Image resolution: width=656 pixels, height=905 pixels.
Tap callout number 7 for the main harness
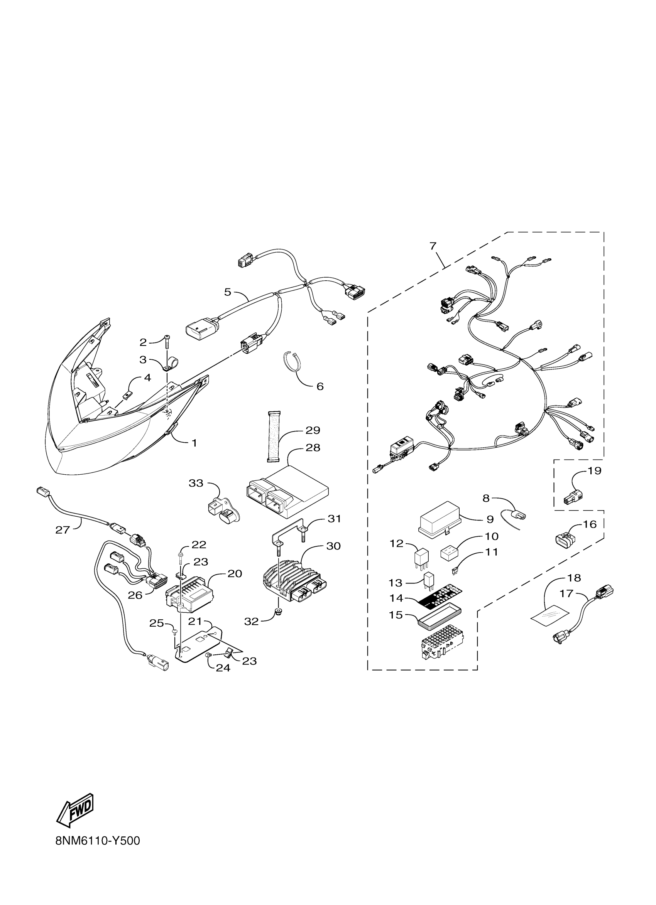[x=433, y=246]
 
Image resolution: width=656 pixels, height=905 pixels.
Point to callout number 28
[x=313, y=448]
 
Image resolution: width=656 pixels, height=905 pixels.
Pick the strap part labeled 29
[x=274, y=437]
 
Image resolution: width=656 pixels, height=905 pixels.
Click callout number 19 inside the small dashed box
[x=595, y=471]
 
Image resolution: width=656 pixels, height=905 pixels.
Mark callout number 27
[x=63, y=530]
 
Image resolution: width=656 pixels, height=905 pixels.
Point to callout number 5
[x=228, y=292]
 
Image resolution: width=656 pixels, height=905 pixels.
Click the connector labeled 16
[x=565, y=540]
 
